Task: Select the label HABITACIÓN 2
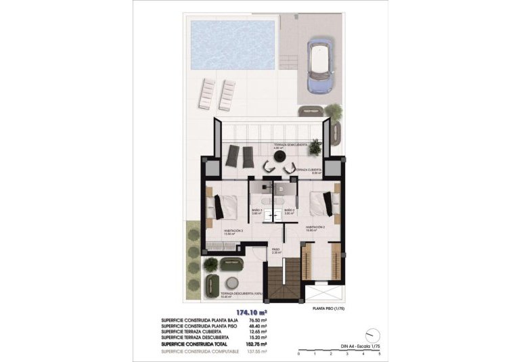(316, 227)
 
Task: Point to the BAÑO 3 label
(257, 210)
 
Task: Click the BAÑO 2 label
(289, 210)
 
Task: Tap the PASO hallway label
(276, 249)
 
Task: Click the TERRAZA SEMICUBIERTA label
(291, 145)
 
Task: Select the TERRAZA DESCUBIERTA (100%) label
(232, 294)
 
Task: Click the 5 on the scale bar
(380, 353)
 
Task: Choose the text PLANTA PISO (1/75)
(328, 308)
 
